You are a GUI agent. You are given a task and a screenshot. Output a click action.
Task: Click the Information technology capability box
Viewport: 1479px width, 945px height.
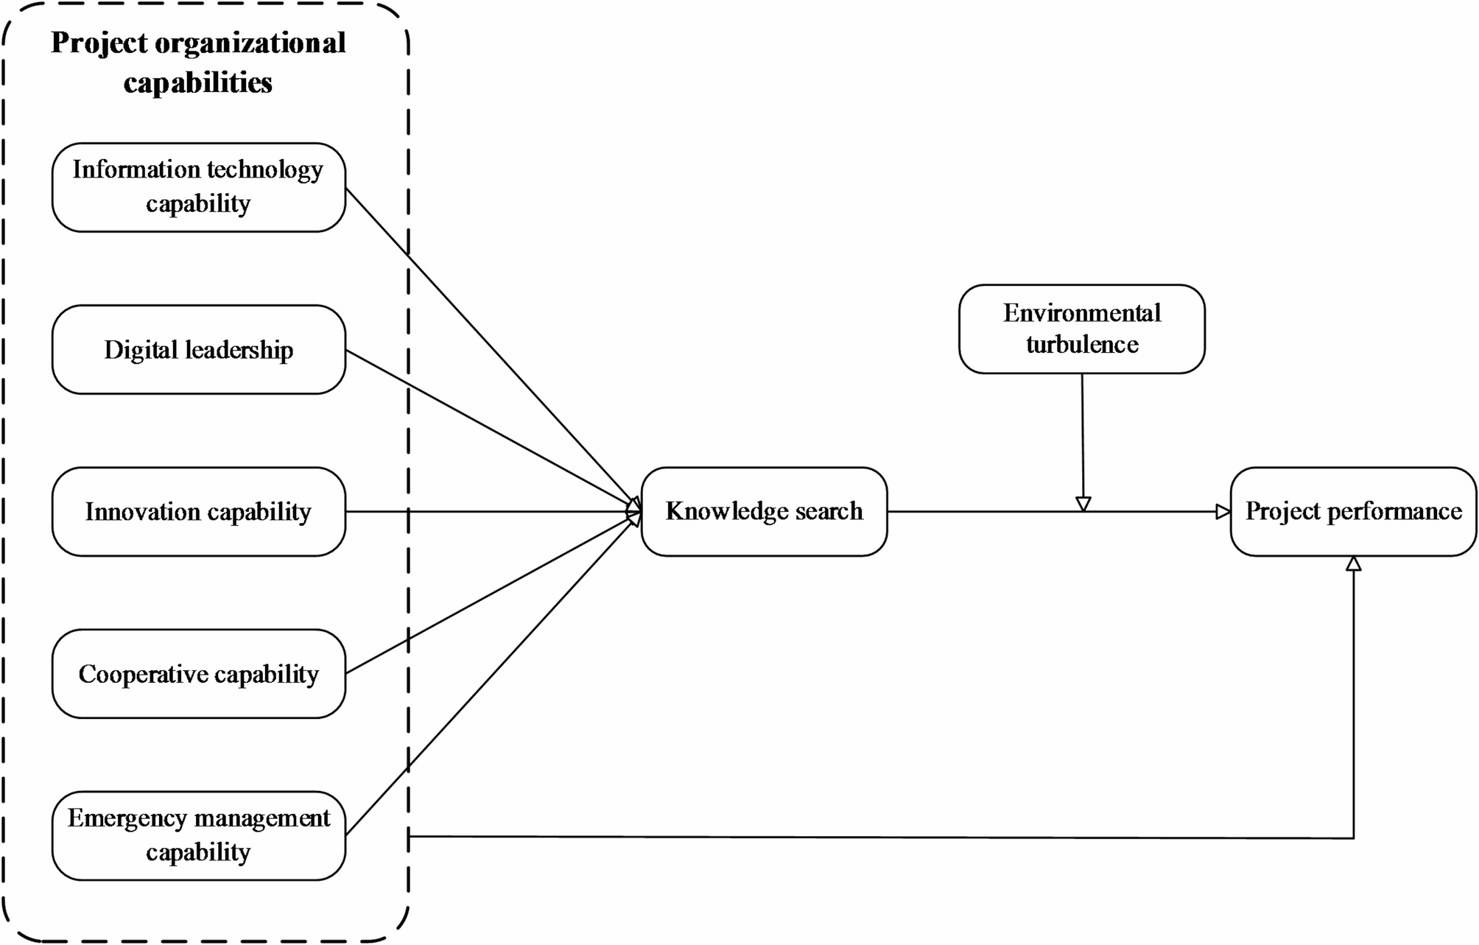tap(198, 187)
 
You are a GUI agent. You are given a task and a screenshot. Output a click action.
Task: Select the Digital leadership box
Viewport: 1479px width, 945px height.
tap(198, 350)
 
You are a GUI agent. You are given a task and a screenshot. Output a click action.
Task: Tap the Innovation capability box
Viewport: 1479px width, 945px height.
tap(198, 512)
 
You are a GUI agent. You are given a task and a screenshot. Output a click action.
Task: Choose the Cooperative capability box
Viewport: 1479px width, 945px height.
tap(198, 674)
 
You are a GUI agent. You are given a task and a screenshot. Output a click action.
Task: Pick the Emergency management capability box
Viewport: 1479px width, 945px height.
tap(198, 835)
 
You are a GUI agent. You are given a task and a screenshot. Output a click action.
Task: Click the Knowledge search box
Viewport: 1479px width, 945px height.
tap(764, 511)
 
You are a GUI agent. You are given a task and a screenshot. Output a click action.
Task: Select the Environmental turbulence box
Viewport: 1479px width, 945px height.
tap(1081, 329)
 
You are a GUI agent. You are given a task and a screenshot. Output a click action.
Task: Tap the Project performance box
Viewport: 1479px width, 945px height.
tap(1353, 511)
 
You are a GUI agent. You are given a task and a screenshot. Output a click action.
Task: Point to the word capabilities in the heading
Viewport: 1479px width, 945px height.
tap(198, 82)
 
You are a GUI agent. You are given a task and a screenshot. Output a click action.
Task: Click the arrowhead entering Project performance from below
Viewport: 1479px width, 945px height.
tap(1353, 564)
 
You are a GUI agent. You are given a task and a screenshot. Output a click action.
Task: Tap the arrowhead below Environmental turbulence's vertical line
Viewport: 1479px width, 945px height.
tap(1083, 504)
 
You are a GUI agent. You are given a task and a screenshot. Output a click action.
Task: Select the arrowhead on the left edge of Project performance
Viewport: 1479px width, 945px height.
tap(1223, 511)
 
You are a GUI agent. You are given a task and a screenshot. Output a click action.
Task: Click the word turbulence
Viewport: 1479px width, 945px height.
tap(1082, 345)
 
